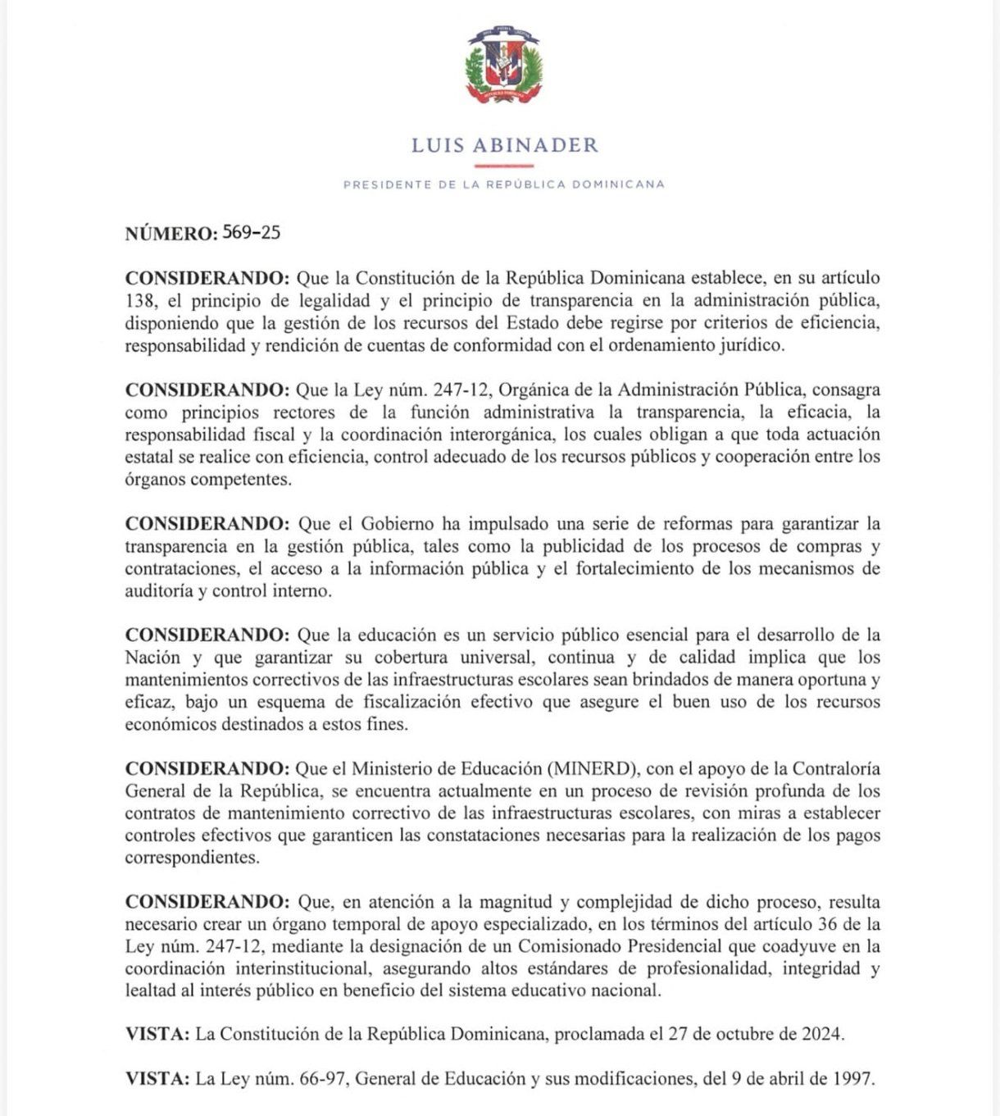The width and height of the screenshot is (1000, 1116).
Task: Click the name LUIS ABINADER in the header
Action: pos(504,146)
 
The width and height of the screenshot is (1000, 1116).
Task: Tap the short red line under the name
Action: pos(504,166)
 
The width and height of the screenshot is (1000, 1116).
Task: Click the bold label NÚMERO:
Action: pos(171,233)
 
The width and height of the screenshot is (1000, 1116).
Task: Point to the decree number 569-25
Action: pos(252,233)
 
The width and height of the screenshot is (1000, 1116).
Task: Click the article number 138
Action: pos(139,301)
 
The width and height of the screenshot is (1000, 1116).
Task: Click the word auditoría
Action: pos(159,591)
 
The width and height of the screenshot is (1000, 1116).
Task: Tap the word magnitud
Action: pos(515,903)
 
